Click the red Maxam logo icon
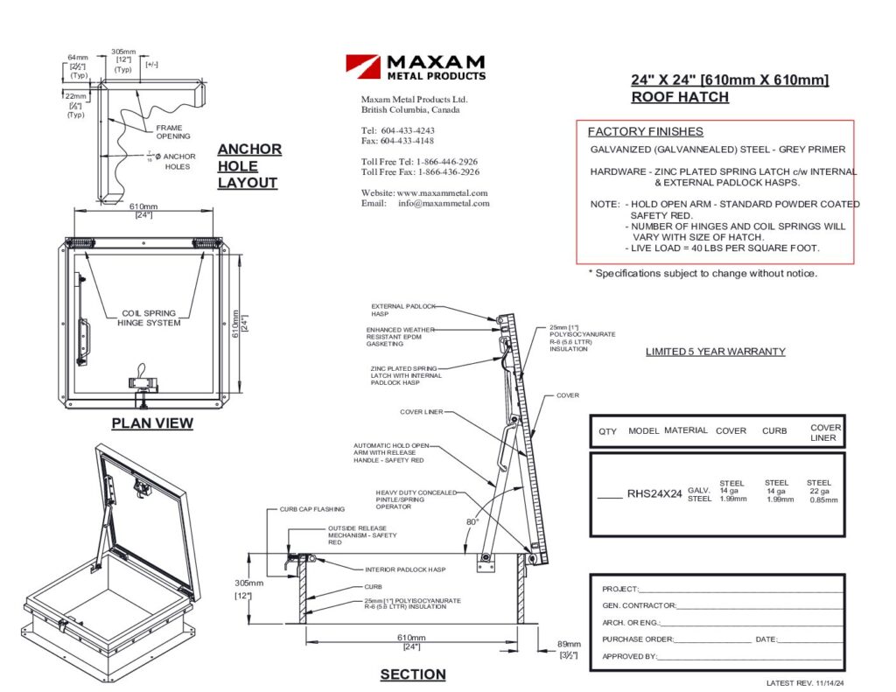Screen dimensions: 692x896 point(361,66)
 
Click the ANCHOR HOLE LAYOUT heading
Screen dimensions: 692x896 point(249,166)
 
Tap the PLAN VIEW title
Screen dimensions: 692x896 point(152,423)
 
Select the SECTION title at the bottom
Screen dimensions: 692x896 point(413,675)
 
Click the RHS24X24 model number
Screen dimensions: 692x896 point(654,493)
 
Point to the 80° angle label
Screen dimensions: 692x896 point(472,522)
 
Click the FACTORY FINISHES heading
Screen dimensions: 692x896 point(645,132)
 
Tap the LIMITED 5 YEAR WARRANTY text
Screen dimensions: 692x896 point(715,352)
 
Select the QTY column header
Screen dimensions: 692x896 point(607,431)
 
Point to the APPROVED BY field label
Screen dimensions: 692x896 point(629,656)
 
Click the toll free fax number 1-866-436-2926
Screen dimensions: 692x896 point(445,172)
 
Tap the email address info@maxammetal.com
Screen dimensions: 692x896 point(444,203)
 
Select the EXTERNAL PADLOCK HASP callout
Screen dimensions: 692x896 point(402,310)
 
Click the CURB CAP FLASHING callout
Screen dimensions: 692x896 point(312,508)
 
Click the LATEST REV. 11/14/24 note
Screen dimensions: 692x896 point(809,682)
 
